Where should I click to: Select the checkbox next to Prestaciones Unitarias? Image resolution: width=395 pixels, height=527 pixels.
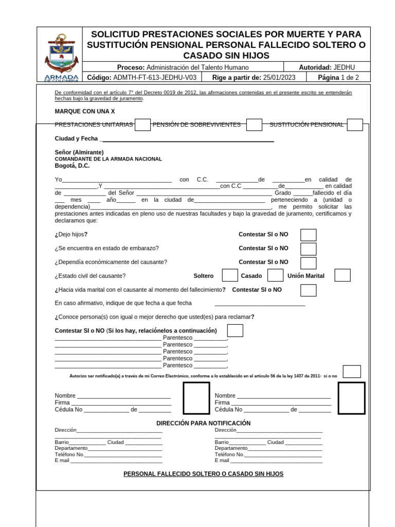click(142, 125)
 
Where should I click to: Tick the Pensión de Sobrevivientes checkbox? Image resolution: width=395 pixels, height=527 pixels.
click(254, 125)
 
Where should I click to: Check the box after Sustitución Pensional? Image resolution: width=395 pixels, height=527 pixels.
click(354, 125)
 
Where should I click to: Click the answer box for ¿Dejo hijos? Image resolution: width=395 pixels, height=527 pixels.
click(308, 235)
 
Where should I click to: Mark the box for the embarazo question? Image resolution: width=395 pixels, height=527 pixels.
click(308, 249)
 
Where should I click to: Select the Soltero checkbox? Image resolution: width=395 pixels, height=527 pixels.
click(229, 275)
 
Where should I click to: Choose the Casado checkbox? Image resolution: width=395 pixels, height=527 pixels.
click(275, 275)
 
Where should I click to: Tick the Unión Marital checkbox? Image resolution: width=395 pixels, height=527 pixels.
click(342, 275)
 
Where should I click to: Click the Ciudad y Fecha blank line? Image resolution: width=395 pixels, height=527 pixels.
click(188, 139)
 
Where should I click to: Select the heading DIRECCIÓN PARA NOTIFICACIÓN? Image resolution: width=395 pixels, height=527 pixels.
click(203, 423)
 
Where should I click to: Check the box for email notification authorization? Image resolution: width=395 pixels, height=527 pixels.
click(352, 372)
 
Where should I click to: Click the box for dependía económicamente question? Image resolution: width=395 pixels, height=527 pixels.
click(308, 262)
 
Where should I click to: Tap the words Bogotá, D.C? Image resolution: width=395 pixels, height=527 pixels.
click(72, 166)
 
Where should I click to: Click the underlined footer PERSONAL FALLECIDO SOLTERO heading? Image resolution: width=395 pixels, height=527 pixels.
click(203, 473)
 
